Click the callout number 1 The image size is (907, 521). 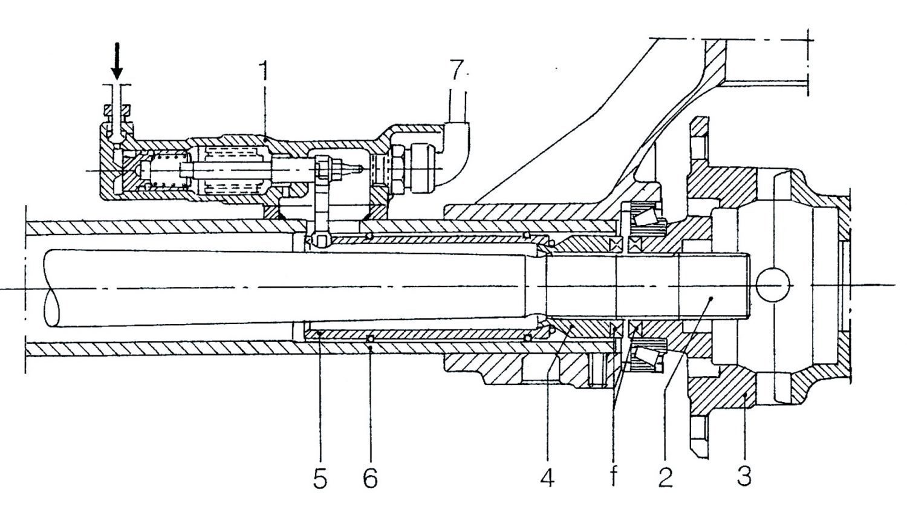point(264,71)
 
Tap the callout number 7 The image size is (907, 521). point(457,70)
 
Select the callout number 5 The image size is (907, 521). point(320,479)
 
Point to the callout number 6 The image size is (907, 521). point(370,479)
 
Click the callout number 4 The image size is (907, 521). point(547,479)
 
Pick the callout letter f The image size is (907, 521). point(614,477)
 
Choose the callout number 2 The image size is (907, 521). point(665,477)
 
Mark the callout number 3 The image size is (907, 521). point(744,476)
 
